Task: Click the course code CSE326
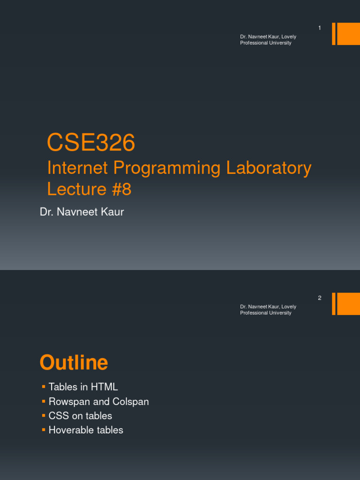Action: click(91, 143)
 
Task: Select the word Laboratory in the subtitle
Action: click(269, 168)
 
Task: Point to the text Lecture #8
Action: click(89, 189)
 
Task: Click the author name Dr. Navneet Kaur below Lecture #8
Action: click(82, 212)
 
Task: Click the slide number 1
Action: click(320, 28)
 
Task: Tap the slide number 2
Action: click(320, 298)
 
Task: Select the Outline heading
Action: click(74, 363)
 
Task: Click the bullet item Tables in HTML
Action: click(83, 387)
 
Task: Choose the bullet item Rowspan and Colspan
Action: click(99, 402)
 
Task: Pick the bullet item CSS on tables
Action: click(81, 416)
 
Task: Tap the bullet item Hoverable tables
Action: click(86, 430)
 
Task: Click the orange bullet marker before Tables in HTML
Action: click(43, 387)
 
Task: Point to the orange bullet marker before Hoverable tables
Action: click(43, 430)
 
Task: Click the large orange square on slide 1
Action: click(348, 34)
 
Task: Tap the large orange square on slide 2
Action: click(348, 304)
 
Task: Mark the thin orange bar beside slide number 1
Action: click(334, 34)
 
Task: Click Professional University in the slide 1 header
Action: click(266, 43)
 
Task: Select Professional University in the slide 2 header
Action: click(266, 313)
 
